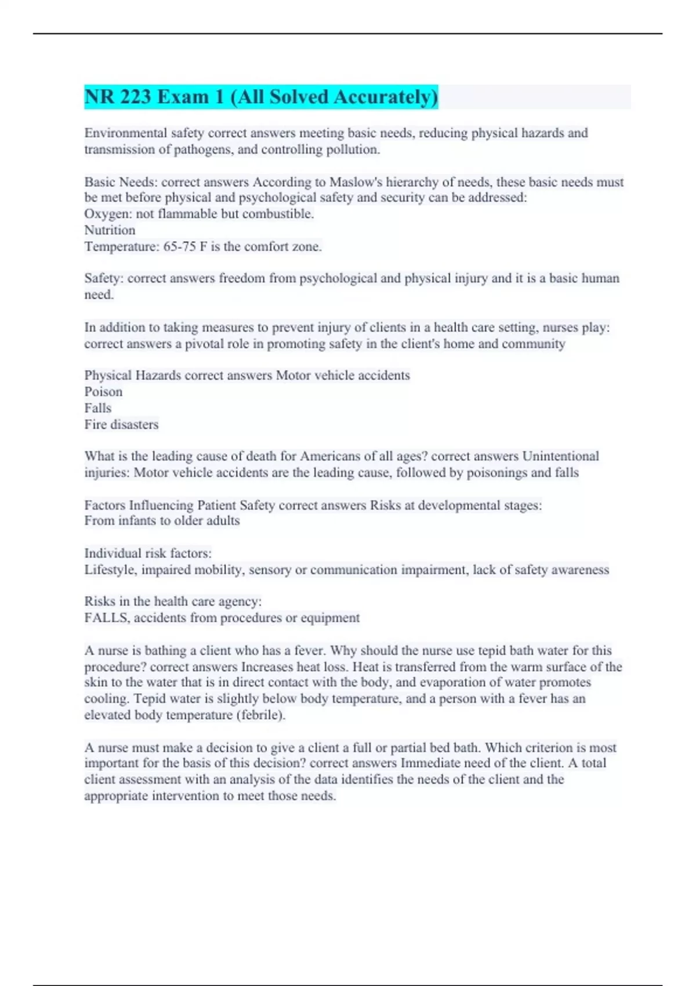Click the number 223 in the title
(136, 97)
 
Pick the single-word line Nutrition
(110, 230)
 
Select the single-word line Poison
(103, 391)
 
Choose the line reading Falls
(97, 408)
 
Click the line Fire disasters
(121, 425)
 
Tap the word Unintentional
(560, 456)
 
